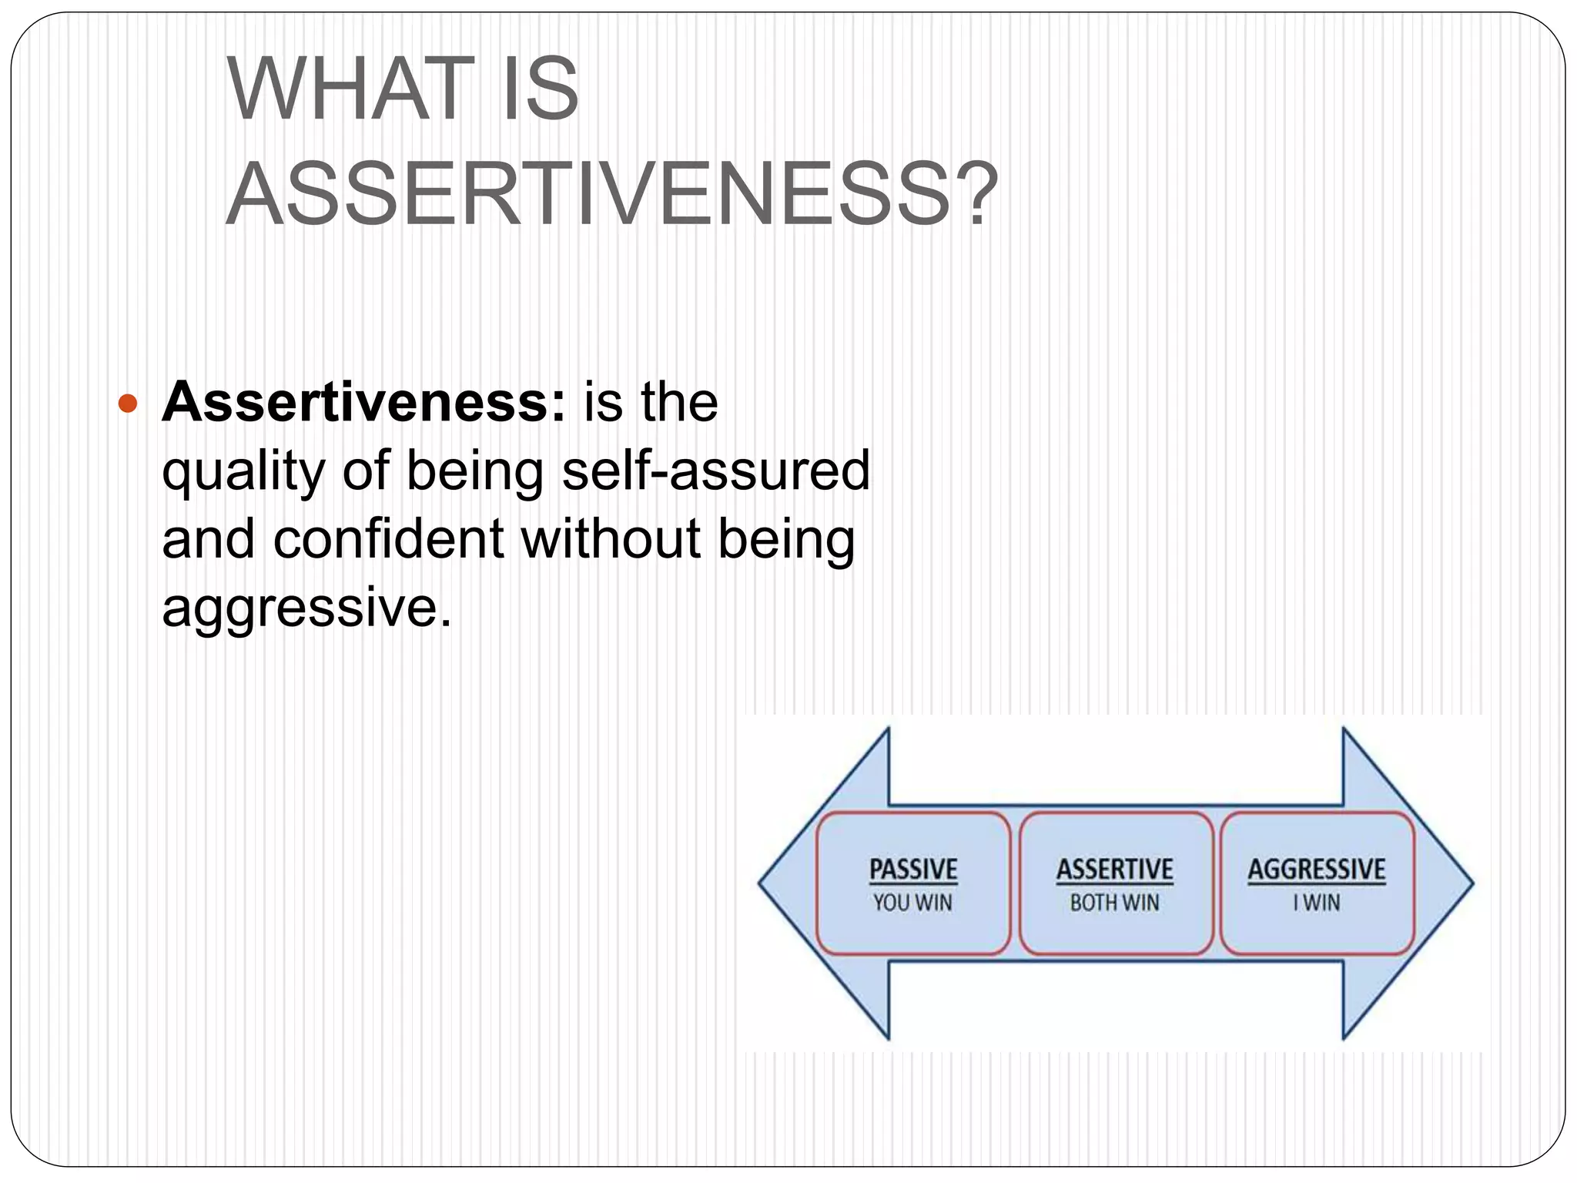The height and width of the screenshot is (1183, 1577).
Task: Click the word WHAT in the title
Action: click(x=350, y=90)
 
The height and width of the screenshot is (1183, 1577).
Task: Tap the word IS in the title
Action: click(x=540, y=90)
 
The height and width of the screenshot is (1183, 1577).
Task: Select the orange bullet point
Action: click(x=128, y=404)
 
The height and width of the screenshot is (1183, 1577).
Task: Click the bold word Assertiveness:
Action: click(x=363, y=402)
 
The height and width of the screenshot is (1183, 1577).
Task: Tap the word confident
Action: click(x=388, y=538)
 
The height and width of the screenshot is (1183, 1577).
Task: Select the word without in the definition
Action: click(x=611, y=538)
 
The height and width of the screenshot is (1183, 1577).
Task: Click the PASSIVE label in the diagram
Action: click(x=913, y=870)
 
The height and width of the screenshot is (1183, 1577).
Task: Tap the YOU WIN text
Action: click(x=912, y=903)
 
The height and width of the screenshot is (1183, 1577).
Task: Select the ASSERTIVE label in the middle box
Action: click(x=1114, y=870)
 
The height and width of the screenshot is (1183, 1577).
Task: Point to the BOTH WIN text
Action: click(x=1114, y=903)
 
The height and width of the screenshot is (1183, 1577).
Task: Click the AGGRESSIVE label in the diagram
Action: click(x=1316, y=870)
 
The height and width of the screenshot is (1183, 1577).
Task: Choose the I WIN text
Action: click(x=1316, y=903)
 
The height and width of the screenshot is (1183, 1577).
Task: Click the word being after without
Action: click(x=786, y=538)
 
